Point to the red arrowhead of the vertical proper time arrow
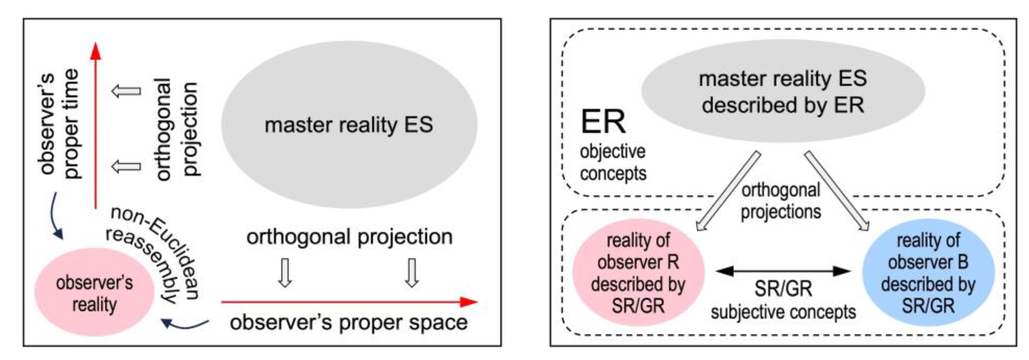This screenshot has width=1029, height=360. [95, 52]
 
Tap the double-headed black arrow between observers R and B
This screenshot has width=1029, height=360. [783, 271]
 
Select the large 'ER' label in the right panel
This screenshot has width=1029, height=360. [603, 122]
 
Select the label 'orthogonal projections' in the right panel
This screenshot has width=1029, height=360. [781, 201]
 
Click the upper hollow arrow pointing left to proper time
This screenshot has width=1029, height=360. [126, 91]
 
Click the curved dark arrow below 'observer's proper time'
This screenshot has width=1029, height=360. [56, 216]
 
